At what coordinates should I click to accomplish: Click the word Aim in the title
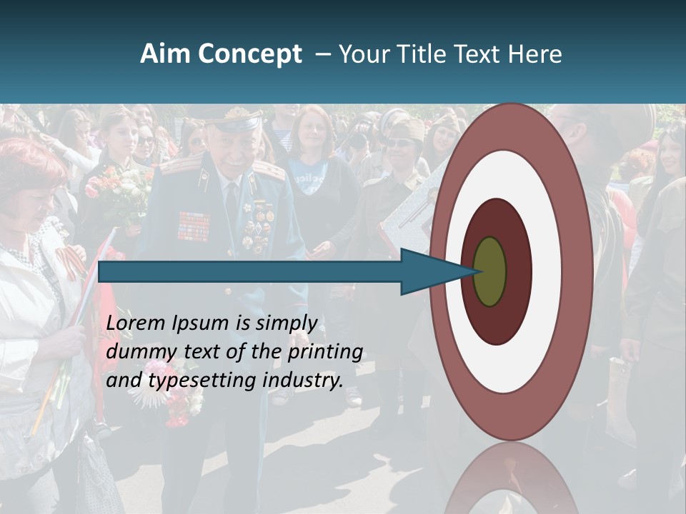[159, 54]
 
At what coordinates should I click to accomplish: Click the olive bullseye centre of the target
[490, 272]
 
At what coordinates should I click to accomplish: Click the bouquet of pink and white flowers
[118, 189]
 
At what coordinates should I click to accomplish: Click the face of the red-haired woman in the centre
[312, 131]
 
